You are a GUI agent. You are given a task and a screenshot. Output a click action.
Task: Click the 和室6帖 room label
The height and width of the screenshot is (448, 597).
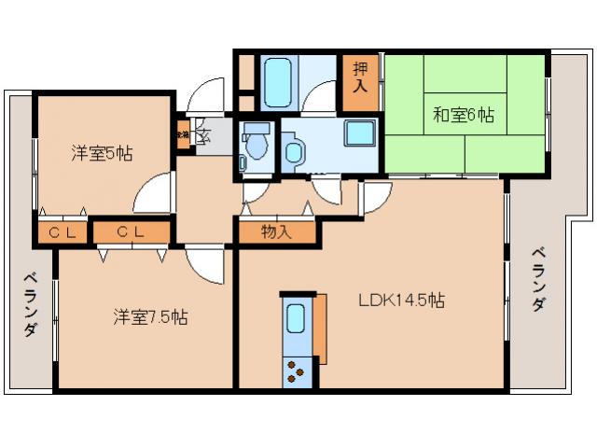(464, 116)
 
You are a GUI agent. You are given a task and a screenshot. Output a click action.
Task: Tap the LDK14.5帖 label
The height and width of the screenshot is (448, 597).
(401, 301)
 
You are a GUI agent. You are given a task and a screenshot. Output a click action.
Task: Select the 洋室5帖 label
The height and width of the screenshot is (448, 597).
(101, 153)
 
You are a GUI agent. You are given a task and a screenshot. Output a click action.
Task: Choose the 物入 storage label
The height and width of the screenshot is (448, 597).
(276, 231)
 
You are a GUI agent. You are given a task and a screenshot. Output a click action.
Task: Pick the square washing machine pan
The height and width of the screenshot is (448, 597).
(359, 133)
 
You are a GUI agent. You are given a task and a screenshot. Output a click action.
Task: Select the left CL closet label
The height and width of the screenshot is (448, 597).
(62, 232)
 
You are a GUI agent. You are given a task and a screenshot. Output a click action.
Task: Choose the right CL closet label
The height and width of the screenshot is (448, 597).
(130, 232)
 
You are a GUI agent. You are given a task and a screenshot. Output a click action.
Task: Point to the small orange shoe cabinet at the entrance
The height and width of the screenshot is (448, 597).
(183, 133)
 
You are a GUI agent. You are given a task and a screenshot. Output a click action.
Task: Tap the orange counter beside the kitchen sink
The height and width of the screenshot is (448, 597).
(321, 327)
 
